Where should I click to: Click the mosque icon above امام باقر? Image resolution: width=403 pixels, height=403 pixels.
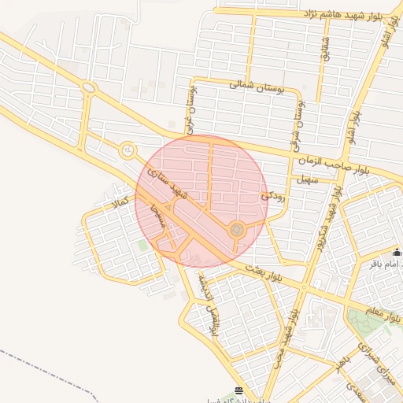pyautogui.click(x=396, y=253)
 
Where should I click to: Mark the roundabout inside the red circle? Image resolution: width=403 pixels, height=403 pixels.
pyautogui.click(x=235, y=229)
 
